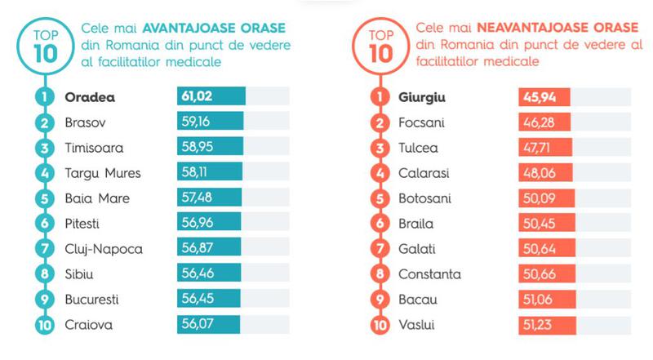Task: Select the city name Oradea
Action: pos(90,96)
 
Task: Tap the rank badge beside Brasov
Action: pos(42,122)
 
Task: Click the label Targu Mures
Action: pos(102,173)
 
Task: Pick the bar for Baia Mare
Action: pos(209,198)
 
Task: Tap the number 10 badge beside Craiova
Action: pos(42,324)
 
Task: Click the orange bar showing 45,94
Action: pos(544,96)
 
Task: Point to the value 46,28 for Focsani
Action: pos(536,122)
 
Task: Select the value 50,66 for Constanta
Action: pos(536,273)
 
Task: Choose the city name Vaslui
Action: pos(417,324)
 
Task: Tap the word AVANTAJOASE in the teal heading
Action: pos(185,29)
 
